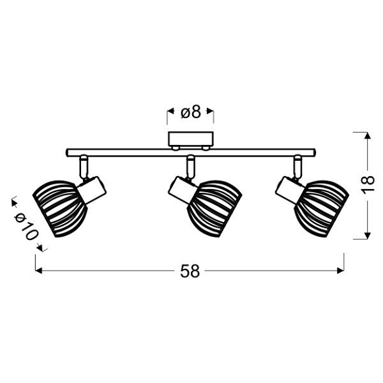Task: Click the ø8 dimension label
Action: pos(190,112)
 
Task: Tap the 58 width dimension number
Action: pos(190,271)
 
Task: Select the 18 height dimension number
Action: pos(368,184)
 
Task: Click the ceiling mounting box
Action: pos(190,139)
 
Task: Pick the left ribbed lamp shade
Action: pos(60,209)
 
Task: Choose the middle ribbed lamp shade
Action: pos(214,209)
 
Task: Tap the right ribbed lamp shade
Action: pos(322,209)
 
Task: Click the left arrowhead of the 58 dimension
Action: pos(38,271)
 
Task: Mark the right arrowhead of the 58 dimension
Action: pos(341,271)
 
